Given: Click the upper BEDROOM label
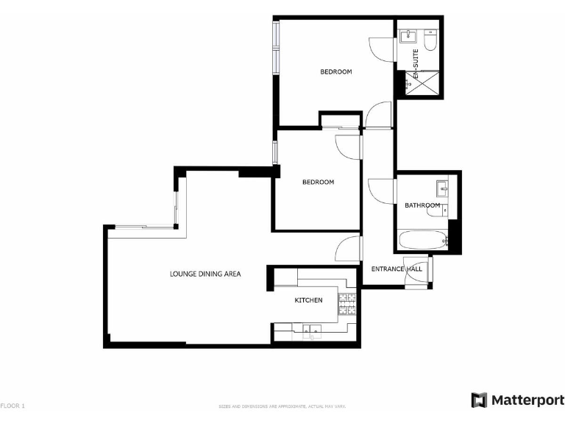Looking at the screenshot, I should click(x=335, y=71).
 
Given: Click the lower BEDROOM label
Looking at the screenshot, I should click(x=318, y=182).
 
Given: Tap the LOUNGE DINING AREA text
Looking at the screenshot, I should click(x=205, y=274).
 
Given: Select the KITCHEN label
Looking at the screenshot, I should click(x=309, y=300).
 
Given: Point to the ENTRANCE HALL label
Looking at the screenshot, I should click(x=397, y=269).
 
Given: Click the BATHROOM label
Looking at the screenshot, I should click(x=422, y=205).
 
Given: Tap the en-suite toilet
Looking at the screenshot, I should click(x=431, y=37).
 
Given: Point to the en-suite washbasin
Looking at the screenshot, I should click(x=409, y=37).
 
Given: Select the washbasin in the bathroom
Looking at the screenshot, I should click(x=442, y=185).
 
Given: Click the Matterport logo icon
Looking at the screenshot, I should click(x=479, y=400).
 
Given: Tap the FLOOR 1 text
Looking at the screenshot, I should click(x=13, y=406).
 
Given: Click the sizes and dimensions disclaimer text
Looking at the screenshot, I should click(x=282, y=406).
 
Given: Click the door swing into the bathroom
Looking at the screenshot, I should click(x=380, y=192).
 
